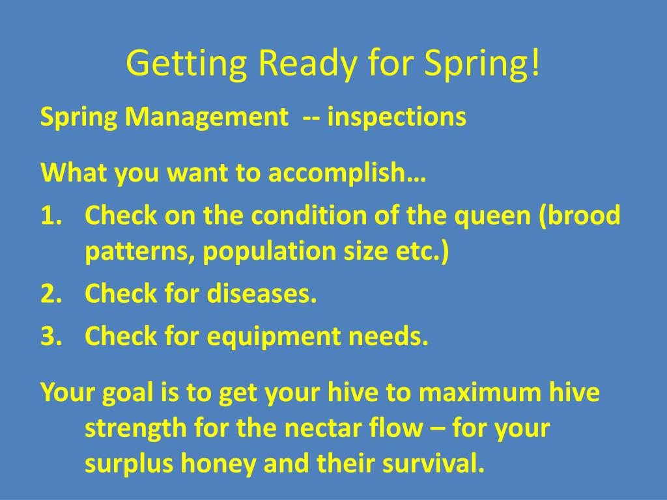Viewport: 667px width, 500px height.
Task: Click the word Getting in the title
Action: pos(186,63)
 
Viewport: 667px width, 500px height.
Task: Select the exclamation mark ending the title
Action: pos(535,62)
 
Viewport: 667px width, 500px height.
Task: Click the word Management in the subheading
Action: pos(206,117)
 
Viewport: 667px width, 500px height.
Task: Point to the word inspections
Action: pos(397,117)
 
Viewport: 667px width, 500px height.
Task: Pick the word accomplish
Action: pos(337,173)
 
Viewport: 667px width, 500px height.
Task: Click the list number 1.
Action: pos(51,215)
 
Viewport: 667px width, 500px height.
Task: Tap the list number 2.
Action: pos(51,294)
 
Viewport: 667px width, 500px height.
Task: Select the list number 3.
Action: pos(51,336)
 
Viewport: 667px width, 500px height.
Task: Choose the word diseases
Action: pos(262,293)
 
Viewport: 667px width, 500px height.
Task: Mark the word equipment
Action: pos(274,337)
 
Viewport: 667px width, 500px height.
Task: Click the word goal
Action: pos(128,393)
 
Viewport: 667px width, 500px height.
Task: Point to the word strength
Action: pos(135,428)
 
